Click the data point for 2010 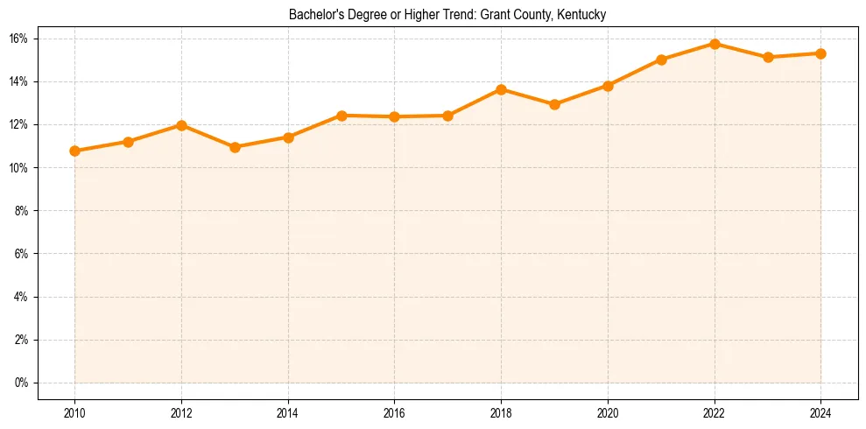(x=74, y=151)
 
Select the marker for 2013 (x=235, y=147)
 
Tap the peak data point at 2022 (x=715, y=44)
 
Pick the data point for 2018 (x=501, y=89)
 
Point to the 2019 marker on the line (x=554, y=104)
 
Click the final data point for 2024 (x=821, y=53)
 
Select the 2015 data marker (x=341, y=116)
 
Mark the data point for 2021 (x=661, y=60)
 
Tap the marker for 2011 (x=128, y=142)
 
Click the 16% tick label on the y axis (x=20, y=39)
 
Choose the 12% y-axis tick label (x=20, y=124)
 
